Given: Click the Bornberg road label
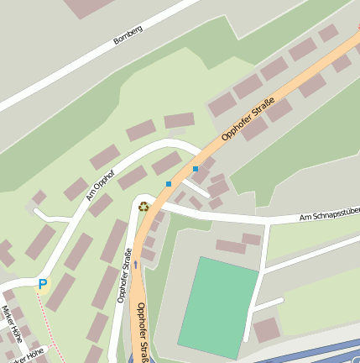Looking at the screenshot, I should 128,34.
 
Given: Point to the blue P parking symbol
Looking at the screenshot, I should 42,284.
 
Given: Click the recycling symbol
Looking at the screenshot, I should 144,204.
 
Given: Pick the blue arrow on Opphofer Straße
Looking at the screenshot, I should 136,265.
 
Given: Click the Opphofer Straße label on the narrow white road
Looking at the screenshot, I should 123,276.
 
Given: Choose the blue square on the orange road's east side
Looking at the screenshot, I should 196,169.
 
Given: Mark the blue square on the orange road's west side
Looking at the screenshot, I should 169,183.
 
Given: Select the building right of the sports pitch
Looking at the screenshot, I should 267,329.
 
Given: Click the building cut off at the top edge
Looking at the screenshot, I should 88,7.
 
